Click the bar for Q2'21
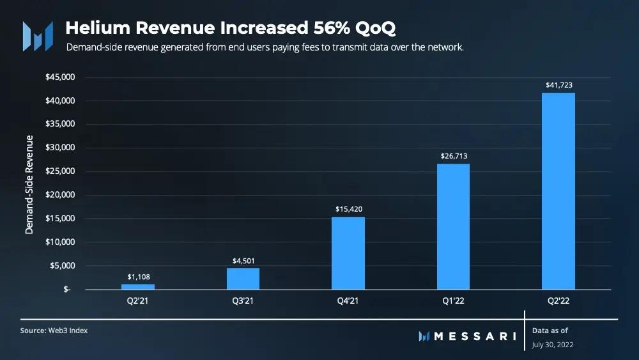coord(137,287)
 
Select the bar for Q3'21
coord(243,279)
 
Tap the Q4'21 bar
coord(348,253)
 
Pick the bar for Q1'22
coord(453,227)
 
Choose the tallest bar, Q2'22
coord(558,191)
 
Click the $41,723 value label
coord(558,84)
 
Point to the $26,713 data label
coord(453,155)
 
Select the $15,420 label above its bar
coord(348,208)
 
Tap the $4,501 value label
coord(243,260)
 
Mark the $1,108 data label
coord(137,276)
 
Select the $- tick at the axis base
coord(67,289)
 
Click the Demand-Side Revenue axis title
coord(29,183)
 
